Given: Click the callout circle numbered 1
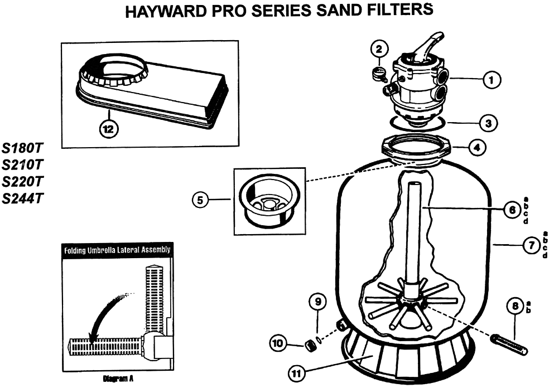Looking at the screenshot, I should coord(492,81).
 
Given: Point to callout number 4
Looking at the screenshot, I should coord(476,148).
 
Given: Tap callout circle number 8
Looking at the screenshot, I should coord(514,305).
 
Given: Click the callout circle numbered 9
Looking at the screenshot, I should coord(317,302).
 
